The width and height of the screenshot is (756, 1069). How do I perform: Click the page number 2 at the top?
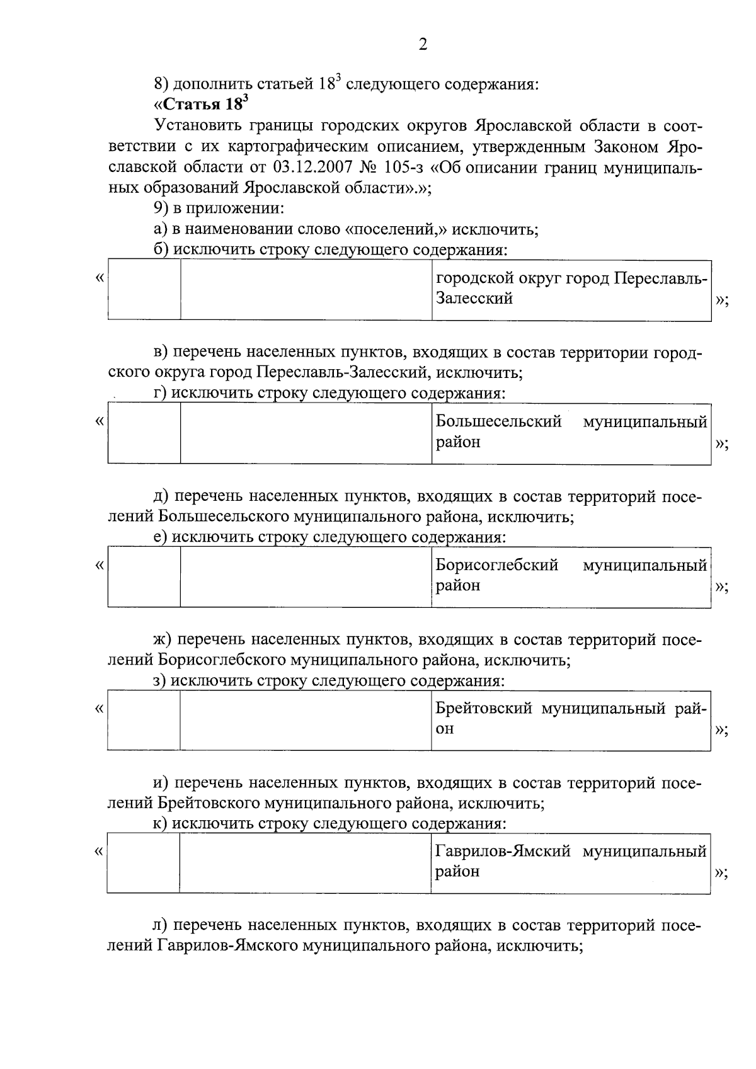(423, 45)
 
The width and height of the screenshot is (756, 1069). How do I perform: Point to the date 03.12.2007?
(311, 168)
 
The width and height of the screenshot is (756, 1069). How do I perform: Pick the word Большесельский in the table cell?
(499, 421)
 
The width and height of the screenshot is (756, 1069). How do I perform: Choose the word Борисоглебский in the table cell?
(497, 565)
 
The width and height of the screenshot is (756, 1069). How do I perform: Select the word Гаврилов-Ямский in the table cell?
(503, 852)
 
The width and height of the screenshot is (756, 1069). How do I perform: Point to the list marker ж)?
(163, 641)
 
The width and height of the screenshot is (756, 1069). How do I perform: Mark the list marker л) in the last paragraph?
(161, 926)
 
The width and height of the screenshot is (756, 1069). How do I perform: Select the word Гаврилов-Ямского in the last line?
(227, 946)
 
